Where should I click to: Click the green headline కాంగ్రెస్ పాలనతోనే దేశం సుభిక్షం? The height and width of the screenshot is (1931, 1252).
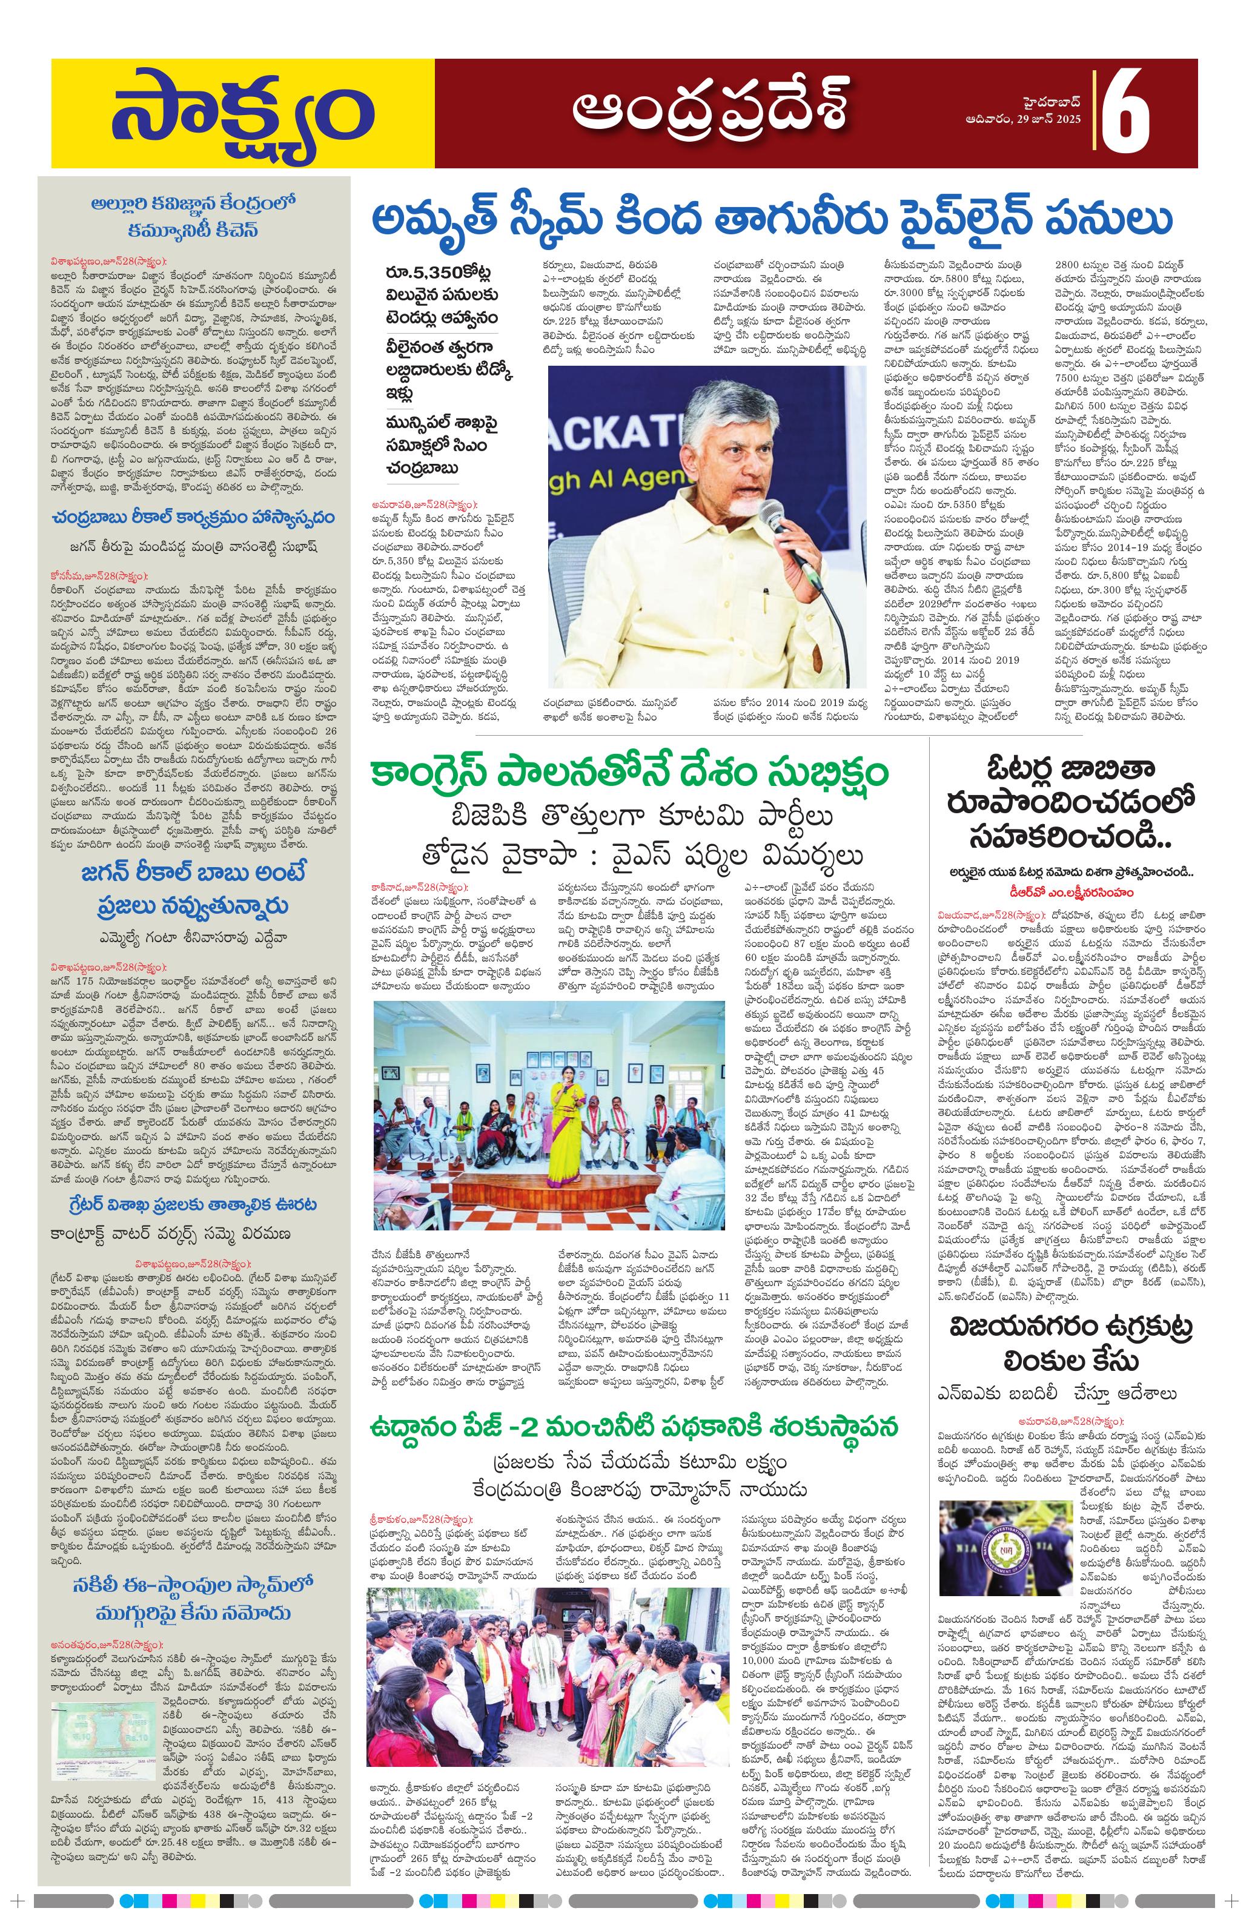[x=629, y=771]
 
